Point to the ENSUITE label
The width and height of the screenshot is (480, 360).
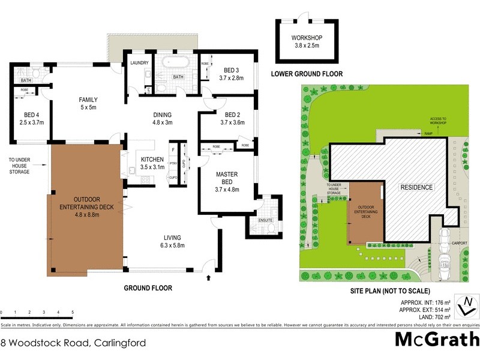[265, 220]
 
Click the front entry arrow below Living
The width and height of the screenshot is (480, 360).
[209, 278]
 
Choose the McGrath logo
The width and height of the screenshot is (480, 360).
[436, 340]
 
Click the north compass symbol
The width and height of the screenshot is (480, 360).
[463, 305]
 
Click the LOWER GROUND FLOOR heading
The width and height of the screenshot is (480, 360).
[307, 74]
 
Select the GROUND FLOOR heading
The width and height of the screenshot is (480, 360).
[148, 288]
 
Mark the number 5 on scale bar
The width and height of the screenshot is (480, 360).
[73, 313]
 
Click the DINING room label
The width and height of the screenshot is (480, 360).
[162, 119]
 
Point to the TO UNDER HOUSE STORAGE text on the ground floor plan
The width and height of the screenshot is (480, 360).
[19, 166]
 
